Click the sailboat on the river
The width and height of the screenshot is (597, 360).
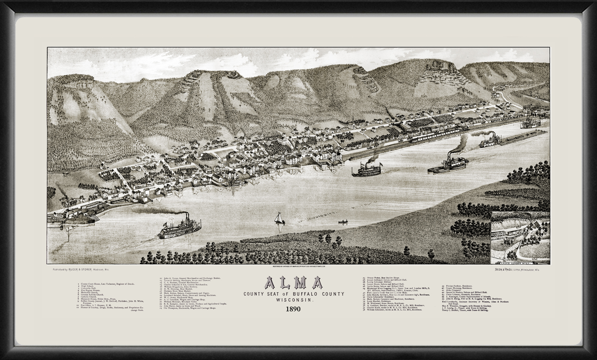[279, 218]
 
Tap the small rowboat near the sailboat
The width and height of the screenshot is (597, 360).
[343, 222]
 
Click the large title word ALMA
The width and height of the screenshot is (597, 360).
[293, 283]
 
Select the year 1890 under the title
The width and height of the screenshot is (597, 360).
[293, 309]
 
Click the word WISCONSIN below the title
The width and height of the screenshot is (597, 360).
[293, 300]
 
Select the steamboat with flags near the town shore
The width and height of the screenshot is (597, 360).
[366, 170]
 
